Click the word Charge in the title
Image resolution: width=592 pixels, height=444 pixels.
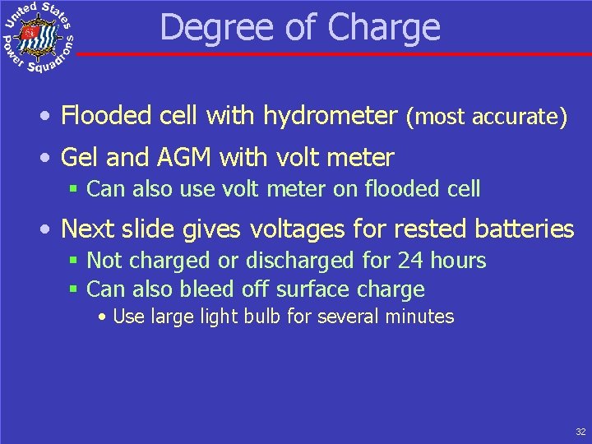tap(383, 27)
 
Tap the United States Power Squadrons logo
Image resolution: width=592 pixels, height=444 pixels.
tap(39, 38)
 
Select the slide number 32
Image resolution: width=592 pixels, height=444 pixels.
tap(580, 432)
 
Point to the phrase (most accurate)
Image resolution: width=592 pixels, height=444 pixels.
tap(487, 117)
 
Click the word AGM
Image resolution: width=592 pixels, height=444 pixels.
tap(174, 156)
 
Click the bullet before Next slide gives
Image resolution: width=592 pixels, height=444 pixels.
tap(49, 229)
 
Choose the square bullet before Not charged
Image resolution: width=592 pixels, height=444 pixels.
tap(73, 261)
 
